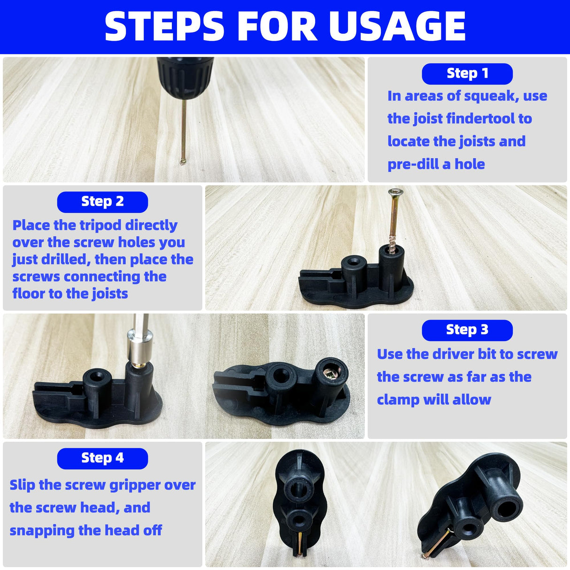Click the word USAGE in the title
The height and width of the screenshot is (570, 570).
point(397,26)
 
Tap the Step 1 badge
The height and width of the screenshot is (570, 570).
point(467,74)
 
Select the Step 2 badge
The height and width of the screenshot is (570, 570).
point(102,202)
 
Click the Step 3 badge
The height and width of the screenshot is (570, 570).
point(467,330)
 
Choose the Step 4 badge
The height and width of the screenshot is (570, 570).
point(102,458)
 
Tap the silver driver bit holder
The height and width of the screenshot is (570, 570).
point(140,348)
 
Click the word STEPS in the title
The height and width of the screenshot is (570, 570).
point(165,26)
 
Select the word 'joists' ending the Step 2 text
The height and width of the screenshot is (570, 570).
point(109,294)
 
